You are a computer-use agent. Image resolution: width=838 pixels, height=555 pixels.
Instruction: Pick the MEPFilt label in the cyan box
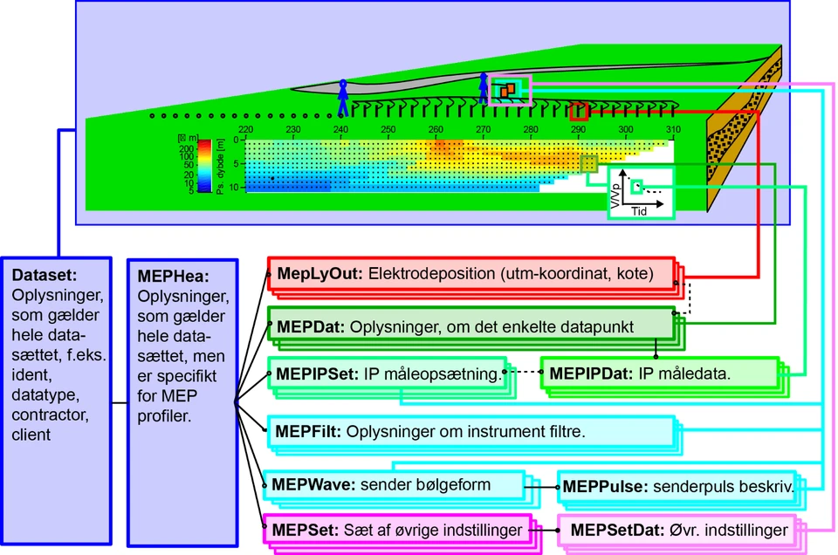pos(308,431)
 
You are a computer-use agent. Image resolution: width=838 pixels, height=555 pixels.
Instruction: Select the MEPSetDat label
pos(612,530)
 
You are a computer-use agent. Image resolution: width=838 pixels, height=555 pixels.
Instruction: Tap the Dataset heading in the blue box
pos(45,275)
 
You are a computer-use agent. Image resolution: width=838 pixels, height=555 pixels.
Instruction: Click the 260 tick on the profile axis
pos(435,130)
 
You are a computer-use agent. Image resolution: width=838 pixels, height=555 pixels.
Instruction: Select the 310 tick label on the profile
pos(672,130)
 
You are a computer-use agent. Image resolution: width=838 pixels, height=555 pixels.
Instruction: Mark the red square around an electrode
pos(577,112)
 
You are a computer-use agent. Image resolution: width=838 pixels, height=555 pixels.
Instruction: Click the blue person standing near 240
pos(343,98)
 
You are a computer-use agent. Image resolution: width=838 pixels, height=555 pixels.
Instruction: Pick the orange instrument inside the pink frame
pos(507,89)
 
